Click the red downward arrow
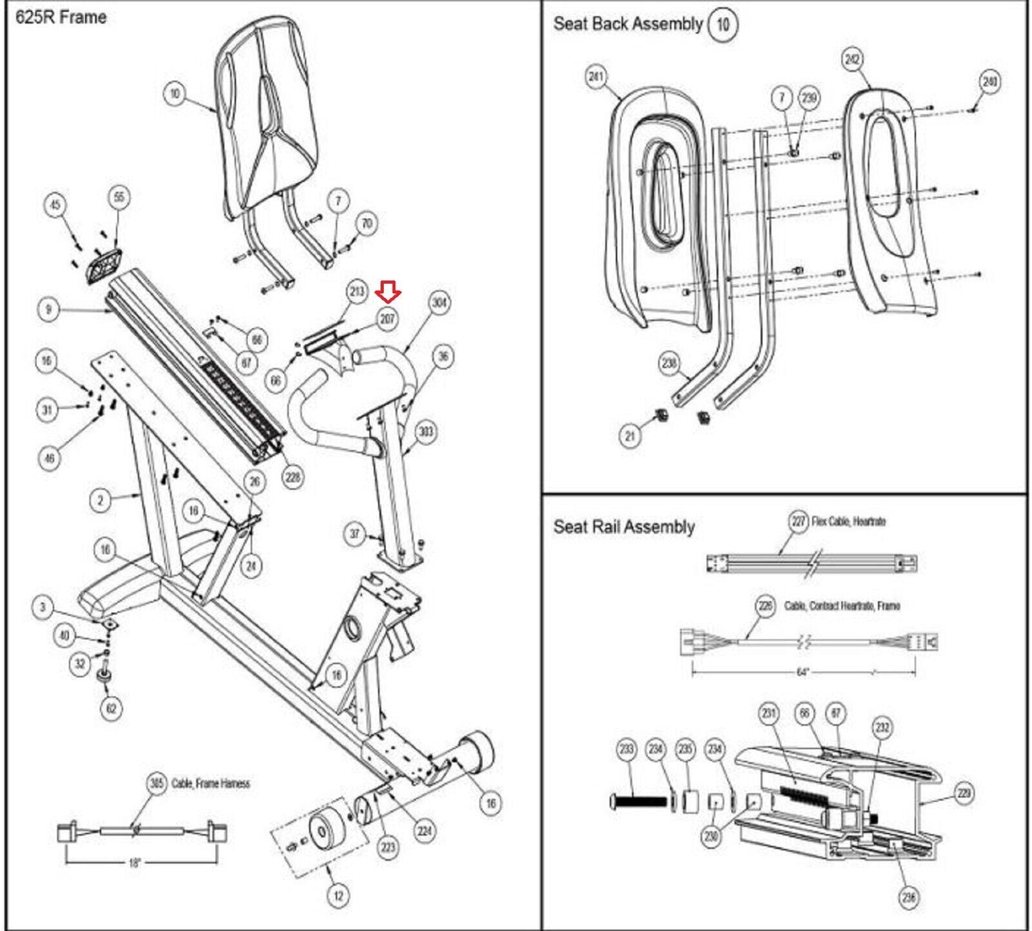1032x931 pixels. click(x=390, y=295)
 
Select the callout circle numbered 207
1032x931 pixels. click(x=387, y=318)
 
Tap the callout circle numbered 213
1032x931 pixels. click(x=357, y=291)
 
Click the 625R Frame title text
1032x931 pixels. click(x=61, y=17)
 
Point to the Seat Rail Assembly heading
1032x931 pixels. click(x=624, y=527)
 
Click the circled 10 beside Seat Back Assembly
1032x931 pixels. click(x=722, y=24)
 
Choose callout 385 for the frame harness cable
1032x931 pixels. click(x=157, y=784)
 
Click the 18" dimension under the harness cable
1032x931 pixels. click(x=134, y=863)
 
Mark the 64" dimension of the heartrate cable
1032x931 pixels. click(x=802, y=672)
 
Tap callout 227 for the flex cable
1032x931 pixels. click(x=799, y=521)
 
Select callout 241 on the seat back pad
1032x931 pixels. click(x=595, y=77)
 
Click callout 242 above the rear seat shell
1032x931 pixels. click(x=852, y=59)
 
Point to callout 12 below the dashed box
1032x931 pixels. click(x=339, y=895)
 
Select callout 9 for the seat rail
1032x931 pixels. click(x=48, y=309)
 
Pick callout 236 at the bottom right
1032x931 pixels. click(x=908, y=897)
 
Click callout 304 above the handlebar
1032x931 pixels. click(x=439, y=302)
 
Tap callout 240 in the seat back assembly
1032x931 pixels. click(x=989, y=82)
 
